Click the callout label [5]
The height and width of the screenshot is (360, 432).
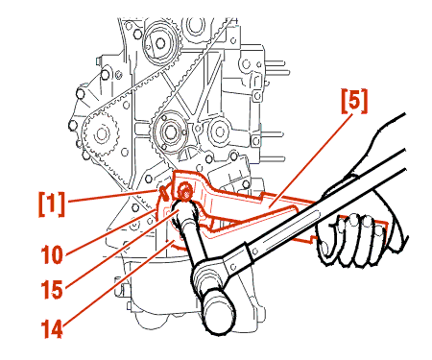click(354, 101)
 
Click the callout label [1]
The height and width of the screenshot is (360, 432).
click(52, 204)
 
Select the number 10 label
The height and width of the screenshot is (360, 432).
click(52, 255)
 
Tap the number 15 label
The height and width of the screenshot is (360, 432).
click(52, 290)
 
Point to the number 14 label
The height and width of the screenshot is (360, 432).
click(52, 328)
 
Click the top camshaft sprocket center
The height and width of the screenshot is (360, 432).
click(160, 42)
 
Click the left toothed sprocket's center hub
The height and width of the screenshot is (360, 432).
click(102, 133)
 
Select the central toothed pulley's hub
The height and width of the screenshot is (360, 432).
click(169, 131)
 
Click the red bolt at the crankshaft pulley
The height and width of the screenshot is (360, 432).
click(184, 191)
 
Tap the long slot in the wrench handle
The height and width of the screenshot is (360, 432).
click(290, 230)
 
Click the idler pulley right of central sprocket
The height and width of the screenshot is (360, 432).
click(220, 132)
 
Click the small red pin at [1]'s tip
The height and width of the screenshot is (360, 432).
click(164, 193)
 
